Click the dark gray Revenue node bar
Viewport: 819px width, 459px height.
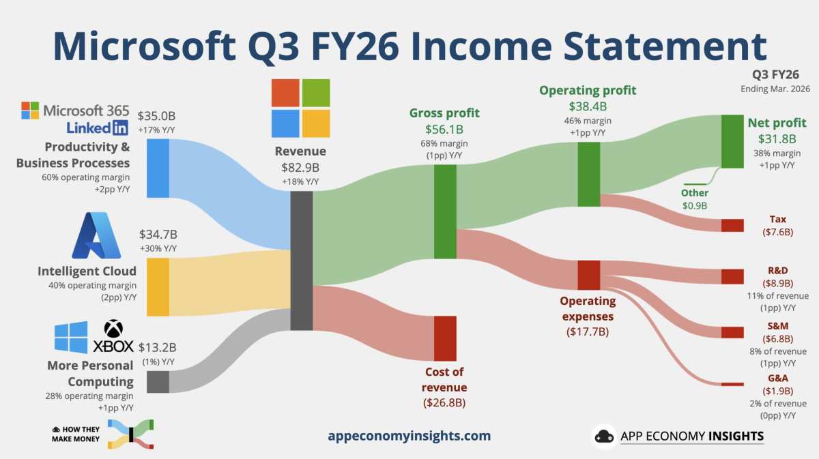302,261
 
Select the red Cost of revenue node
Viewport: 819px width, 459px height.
445,338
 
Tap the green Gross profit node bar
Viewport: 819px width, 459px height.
445,211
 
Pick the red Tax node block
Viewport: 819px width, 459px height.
732,226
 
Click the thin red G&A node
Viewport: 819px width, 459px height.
732,385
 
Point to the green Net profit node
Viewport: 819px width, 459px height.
732,141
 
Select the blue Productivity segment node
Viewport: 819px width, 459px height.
158,168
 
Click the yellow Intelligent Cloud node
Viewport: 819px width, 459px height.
158,287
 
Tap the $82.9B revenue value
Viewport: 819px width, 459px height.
300,168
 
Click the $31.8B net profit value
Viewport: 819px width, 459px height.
777,139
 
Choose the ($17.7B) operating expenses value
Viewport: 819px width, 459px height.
588,332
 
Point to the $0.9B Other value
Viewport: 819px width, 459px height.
695,206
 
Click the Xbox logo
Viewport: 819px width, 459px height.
113,336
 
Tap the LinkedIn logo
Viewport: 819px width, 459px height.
97,128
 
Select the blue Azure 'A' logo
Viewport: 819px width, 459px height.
96,235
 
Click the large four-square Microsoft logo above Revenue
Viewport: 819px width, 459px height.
300,108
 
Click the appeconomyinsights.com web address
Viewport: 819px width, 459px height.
409,436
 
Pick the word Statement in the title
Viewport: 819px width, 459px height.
665,46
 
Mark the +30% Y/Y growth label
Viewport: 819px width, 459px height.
158,248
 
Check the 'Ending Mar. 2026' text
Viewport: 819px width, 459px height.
775,89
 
